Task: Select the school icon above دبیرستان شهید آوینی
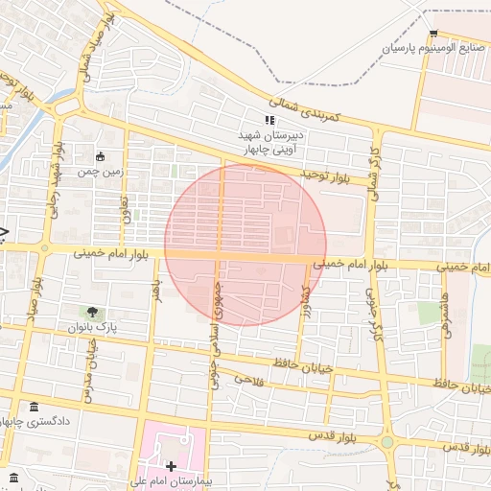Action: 270,120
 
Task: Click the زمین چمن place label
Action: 100,172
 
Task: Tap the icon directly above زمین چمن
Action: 100,156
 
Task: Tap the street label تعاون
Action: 126,202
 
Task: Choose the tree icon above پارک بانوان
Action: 92,312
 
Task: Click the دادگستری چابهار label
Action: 36,422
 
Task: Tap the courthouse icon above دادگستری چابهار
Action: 35,408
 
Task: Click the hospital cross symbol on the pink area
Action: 172,466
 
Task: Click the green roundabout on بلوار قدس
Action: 387,442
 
